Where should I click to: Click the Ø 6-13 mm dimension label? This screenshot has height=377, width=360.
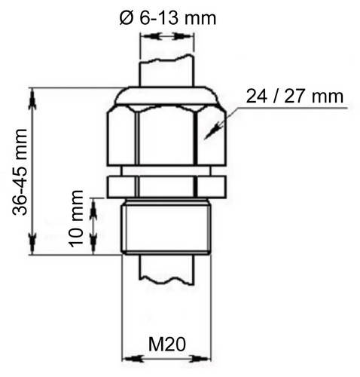[168, 18]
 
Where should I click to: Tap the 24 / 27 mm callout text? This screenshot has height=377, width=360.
[294, 97]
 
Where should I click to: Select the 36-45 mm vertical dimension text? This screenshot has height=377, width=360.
[20, 172]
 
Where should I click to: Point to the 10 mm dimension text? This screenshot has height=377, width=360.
[77, 219]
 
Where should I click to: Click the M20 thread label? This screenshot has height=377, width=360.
[167, 345]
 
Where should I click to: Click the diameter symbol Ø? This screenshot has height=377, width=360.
[127, 18]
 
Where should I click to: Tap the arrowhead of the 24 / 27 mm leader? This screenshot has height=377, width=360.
[210, 132]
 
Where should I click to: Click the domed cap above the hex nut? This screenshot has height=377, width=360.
[166, 95]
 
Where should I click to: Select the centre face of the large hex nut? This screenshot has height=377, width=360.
[166, 136]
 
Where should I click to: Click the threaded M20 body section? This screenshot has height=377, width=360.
[166, 227]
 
